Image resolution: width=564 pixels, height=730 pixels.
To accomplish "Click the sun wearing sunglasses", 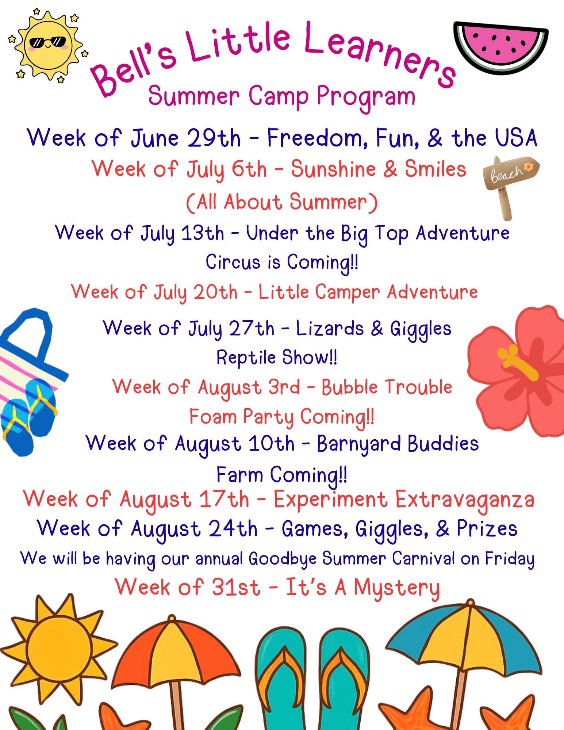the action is [x=47, y=46].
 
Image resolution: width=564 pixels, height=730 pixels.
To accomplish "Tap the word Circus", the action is [x=234, y=262].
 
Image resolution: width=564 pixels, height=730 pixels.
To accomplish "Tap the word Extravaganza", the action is [x=465, y=500].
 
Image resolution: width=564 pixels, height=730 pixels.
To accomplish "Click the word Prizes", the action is [x=487, y=528].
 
